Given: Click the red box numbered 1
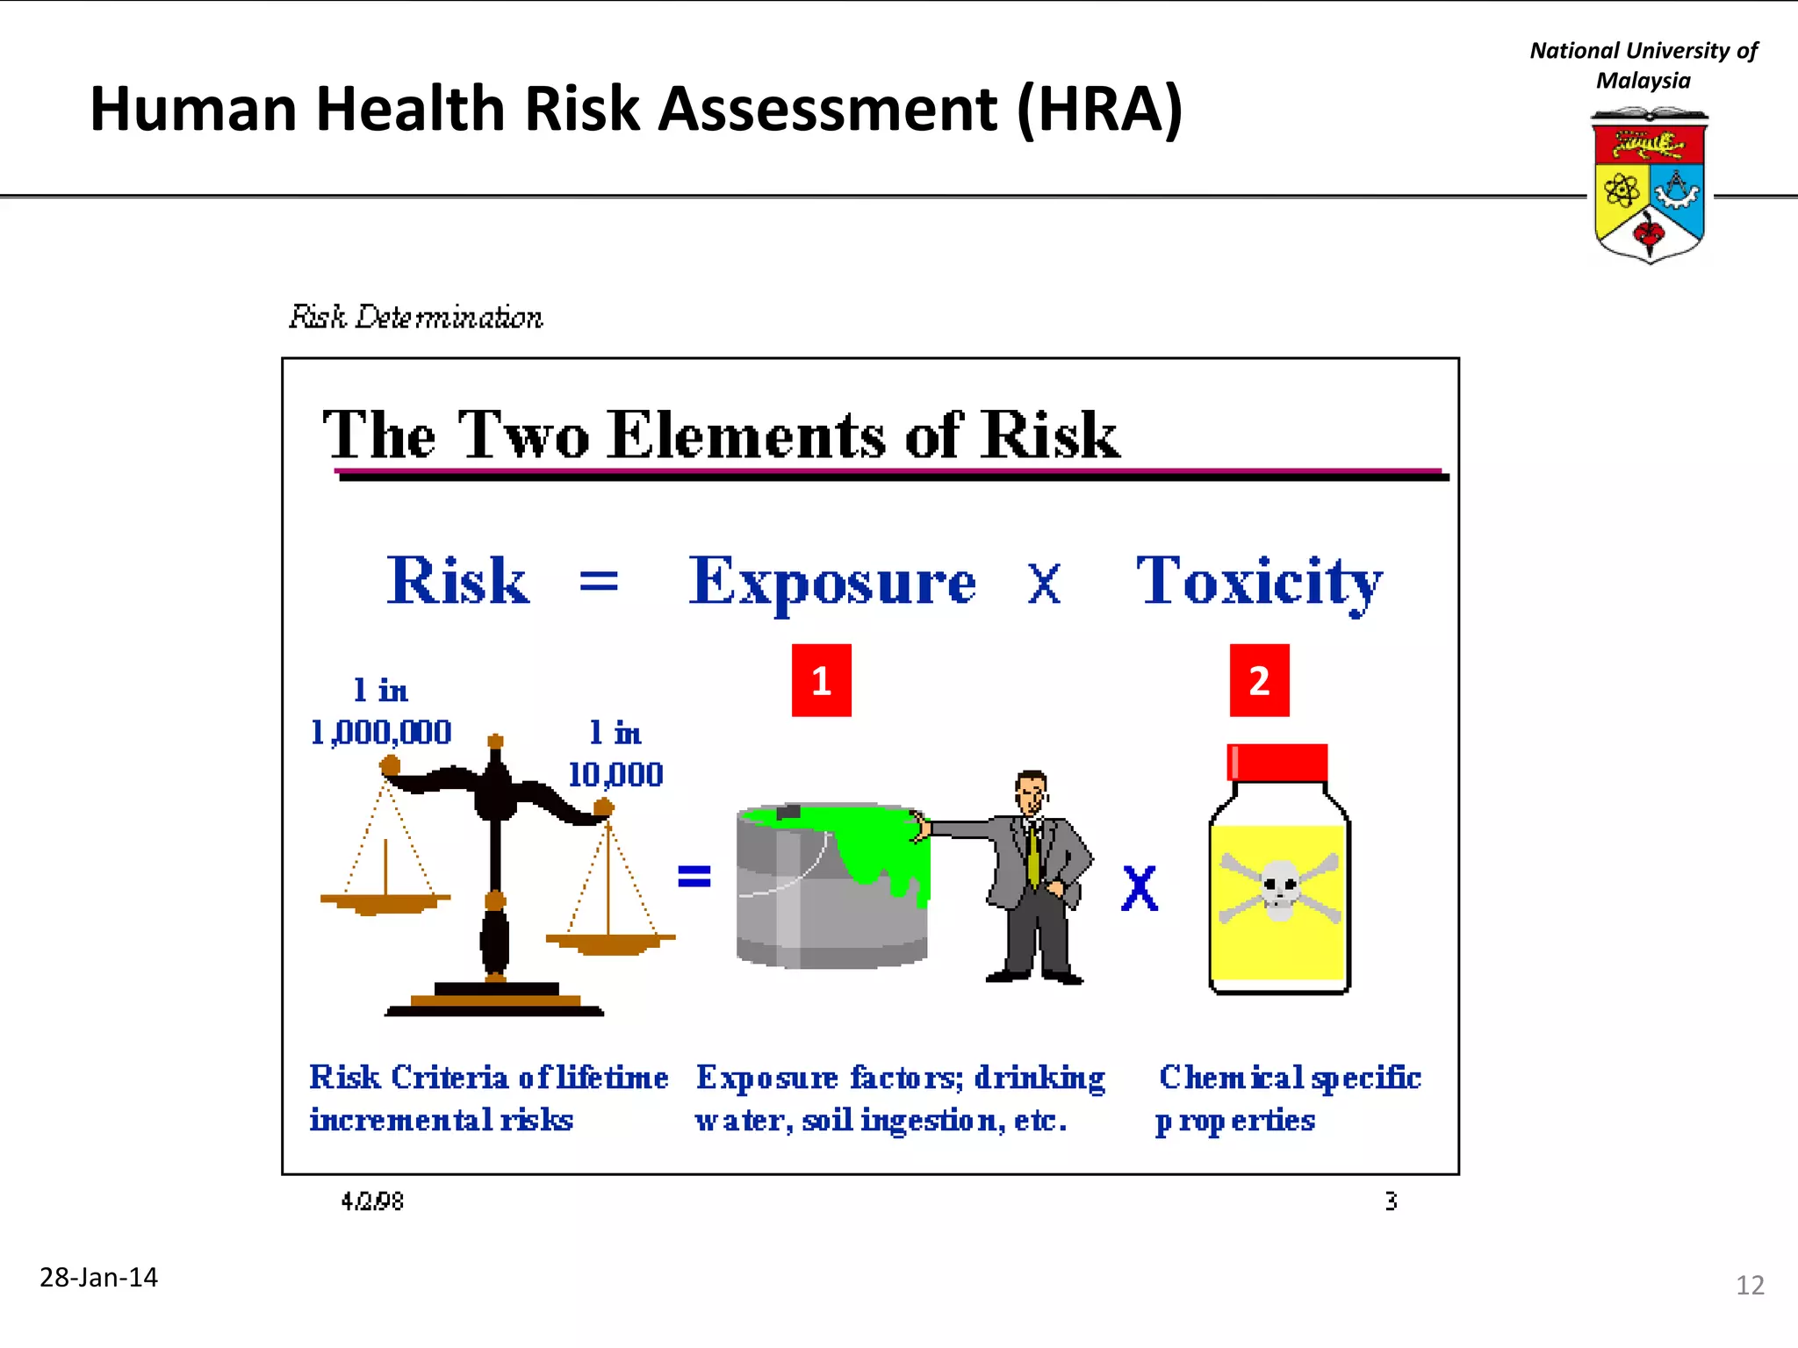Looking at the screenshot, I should (821, 680).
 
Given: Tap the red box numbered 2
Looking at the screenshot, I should (1259, 680).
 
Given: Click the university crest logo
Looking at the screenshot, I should (1650, 185).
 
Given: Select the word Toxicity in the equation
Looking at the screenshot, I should (1259, 581).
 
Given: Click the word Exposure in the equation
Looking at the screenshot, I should (831, 581).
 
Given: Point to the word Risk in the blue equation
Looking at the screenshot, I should (457, 581).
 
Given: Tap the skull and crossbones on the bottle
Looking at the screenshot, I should (1279, 889).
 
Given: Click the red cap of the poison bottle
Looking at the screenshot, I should (1277, 762).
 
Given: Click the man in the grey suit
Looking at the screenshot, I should (1036, 878).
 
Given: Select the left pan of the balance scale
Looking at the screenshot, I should (385, 900).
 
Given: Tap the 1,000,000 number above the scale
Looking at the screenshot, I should (381, 732).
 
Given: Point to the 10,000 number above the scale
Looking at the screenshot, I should (615, 774).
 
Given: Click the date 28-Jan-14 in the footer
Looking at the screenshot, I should (98, 1277).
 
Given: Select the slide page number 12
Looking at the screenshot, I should (1749, 1286).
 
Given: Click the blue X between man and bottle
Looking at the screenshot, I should (1140, 888).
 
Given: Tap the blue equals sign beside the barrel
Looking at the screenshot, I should (694, 876).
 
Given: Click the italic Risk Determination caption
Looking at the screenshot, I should (416, 317).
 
